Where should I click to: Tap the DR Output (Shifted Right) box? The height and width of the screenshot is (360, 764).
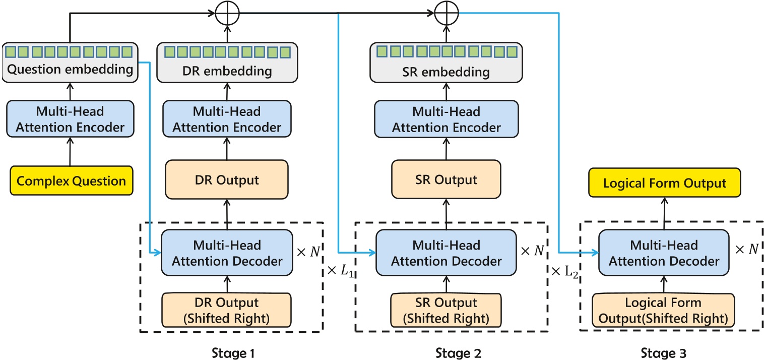(x=226, y=309)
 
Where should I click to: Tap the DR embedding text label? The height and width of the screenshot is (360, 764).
(x=226, y=72)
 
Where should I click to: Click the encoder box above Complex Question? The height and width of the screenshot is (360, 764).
(x=70, y=119)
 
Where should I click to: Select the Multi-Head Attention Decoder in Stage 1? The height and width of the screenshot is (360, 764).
(x=226, y=253)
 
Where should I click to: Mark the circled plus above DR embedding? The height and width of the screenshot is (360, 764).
(x=226, y=14)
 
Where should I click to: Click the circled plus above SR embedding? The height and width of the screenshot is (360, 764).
(x=445, y=14)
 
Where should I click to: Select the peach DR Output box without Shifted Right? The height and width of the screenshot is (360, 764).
(x=226, y=179)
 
